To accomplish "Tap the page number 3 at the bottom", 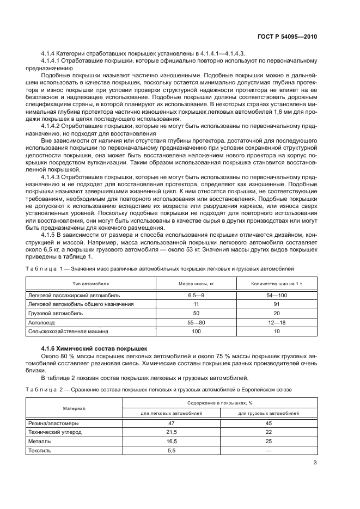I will coord(315,463).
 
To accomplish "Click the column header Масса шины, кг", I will coord(196,284).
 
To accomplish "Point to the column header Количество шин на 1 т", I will coord(277,284).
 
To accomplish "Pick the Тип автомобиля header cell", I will coord(91,284).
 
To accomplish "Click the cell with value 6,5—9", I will coord(196,295).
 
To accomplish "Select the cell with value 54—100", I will coord(277,295).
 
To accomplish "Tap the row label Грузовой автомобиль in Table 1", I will coord(55,314).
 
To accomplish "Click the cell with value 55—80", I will coord(196,322).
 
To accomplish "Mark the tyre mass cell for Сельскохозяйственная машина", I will coord(196,331).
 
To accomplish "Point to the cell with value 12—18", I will coord(277,322).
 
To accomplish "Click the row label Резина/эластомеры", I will coord(53,422).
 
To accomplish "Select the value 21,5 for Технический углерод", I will coord(172,432).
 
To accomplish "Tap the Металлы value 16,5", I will coord(172,441).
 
